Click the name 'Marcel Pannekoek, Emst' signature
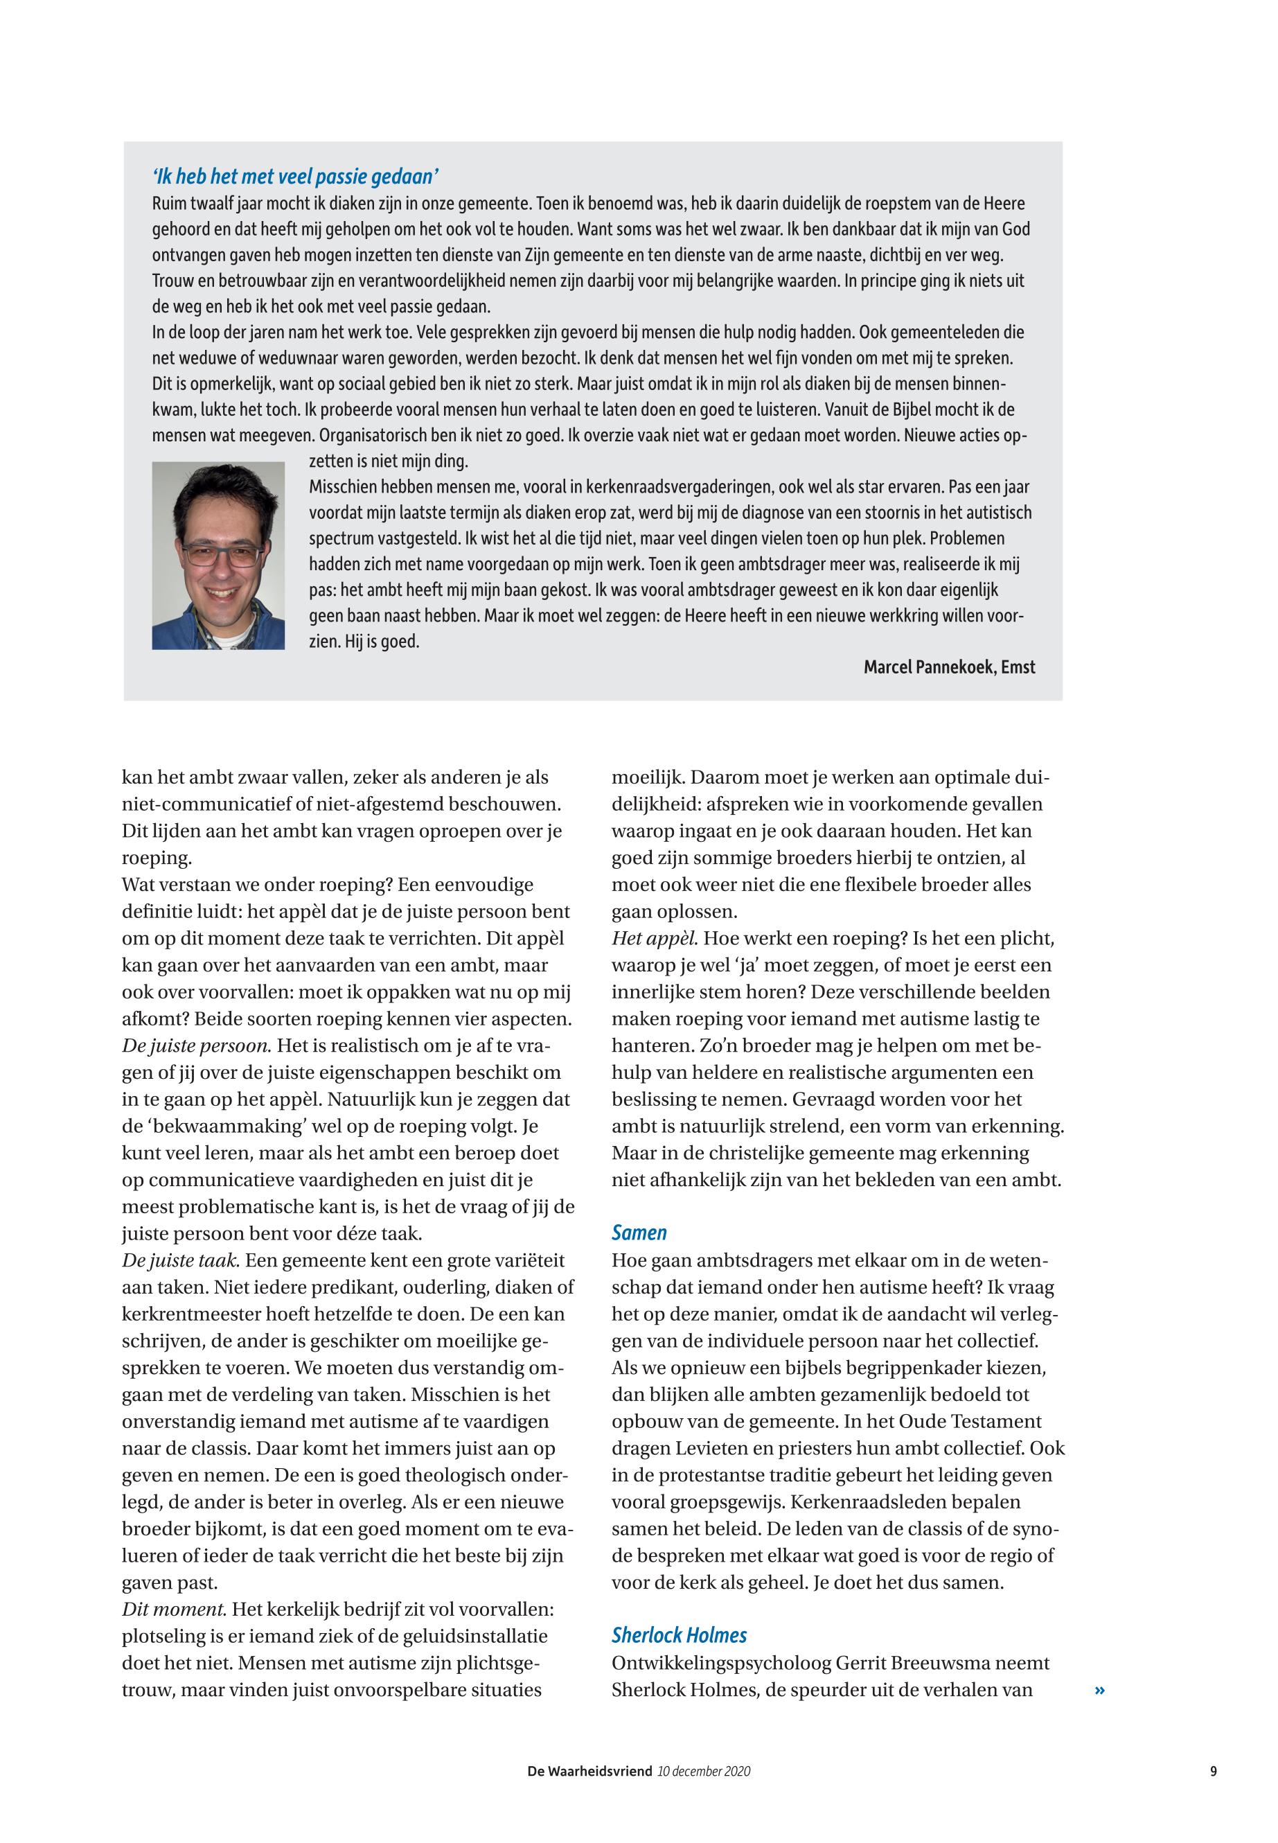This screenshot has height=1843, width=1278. click(949, 667)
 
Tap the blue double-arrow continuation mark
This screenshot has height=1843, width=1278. click(1099, 1690)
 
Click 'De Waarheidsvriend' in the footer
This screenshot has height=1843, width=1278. click(589, 1771)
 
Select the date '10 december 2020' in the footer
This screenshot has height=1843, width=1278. click(704, 1771)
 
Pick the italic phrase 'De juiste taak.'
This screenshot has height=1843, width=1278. click(181, 1260)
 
